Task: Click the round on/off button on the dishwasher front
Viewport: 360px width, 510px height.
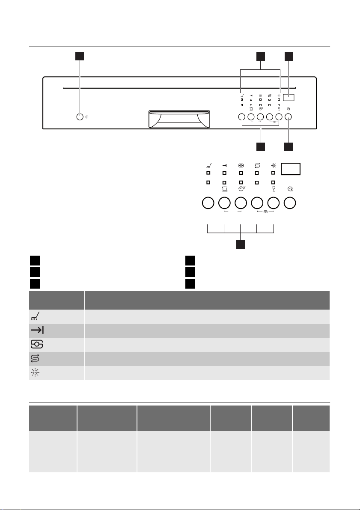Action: click(x=80, y=117)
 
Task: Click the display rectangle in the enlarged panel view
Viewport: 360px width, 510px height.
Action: click(x=291, y=169)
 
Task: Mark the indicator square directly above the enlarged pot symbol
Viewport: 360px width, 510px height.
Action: click(x=224, y=182)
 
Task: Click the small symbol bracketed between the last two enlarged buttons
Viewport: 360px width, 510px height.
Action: click(x=265, y=212)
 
